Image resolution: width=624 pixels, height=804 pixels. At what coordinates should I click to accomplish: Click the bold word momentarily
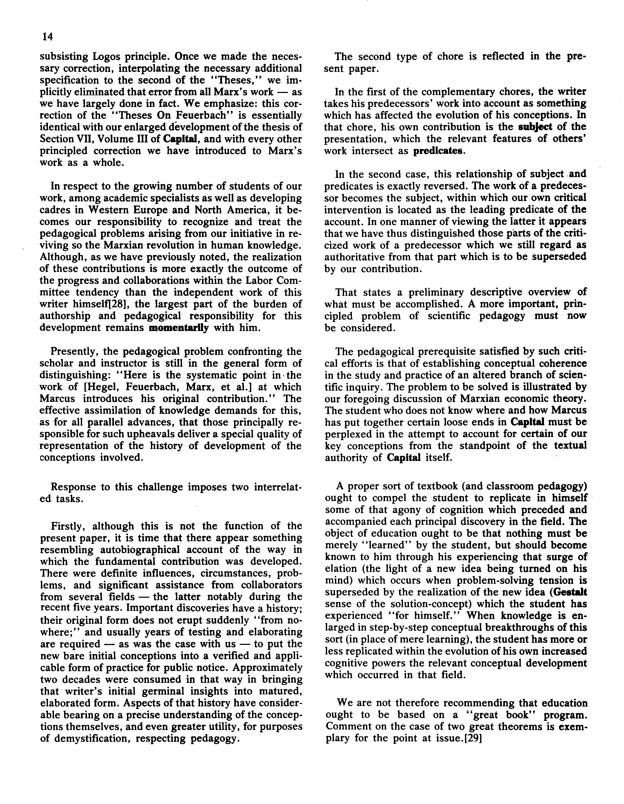click(x=178, y=328)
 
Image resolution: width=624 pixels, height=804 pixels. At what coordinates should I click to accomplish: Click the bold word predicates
click(x=437, y=151)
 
